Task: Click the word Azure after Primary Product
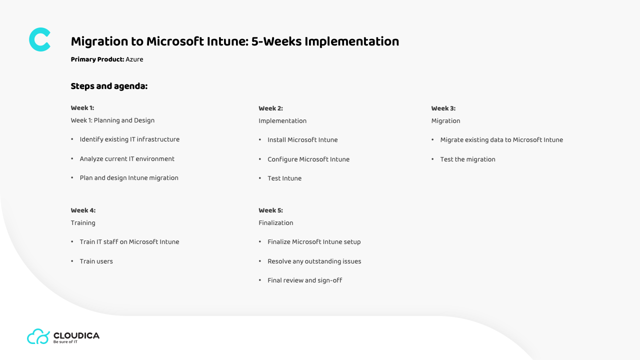134,59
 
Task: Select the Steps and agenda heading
109,86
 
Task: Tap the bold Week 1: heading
82,108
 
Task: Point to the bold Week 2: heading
270,108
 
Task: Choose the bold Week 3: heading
443,108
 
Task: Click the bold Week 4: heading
83,210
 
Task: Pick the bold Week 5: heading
270,210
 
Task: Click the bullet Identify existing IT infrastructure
129,139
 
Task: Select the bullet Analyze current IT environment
127,159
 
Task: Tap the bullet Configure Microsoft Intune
308,159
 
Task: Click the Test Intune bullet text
284,178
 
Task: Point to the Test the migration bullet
467,159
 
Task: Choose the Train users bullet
96,261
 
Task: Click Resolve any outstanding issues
314,261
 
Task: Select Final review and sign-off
305,280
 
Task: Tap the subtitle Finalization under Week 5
275,223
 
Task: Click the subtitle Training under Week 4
83,223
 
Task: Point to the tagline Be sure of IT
65,342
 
